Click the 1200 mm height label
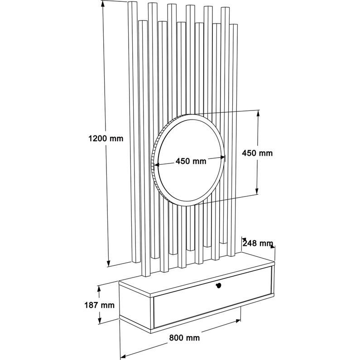[105, 139]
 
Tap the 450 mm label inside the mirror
[191, 161]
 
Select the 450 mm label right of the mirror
[257, 153]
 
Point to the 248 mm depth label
[258, 243]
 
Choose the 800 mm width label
[184, 337]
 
